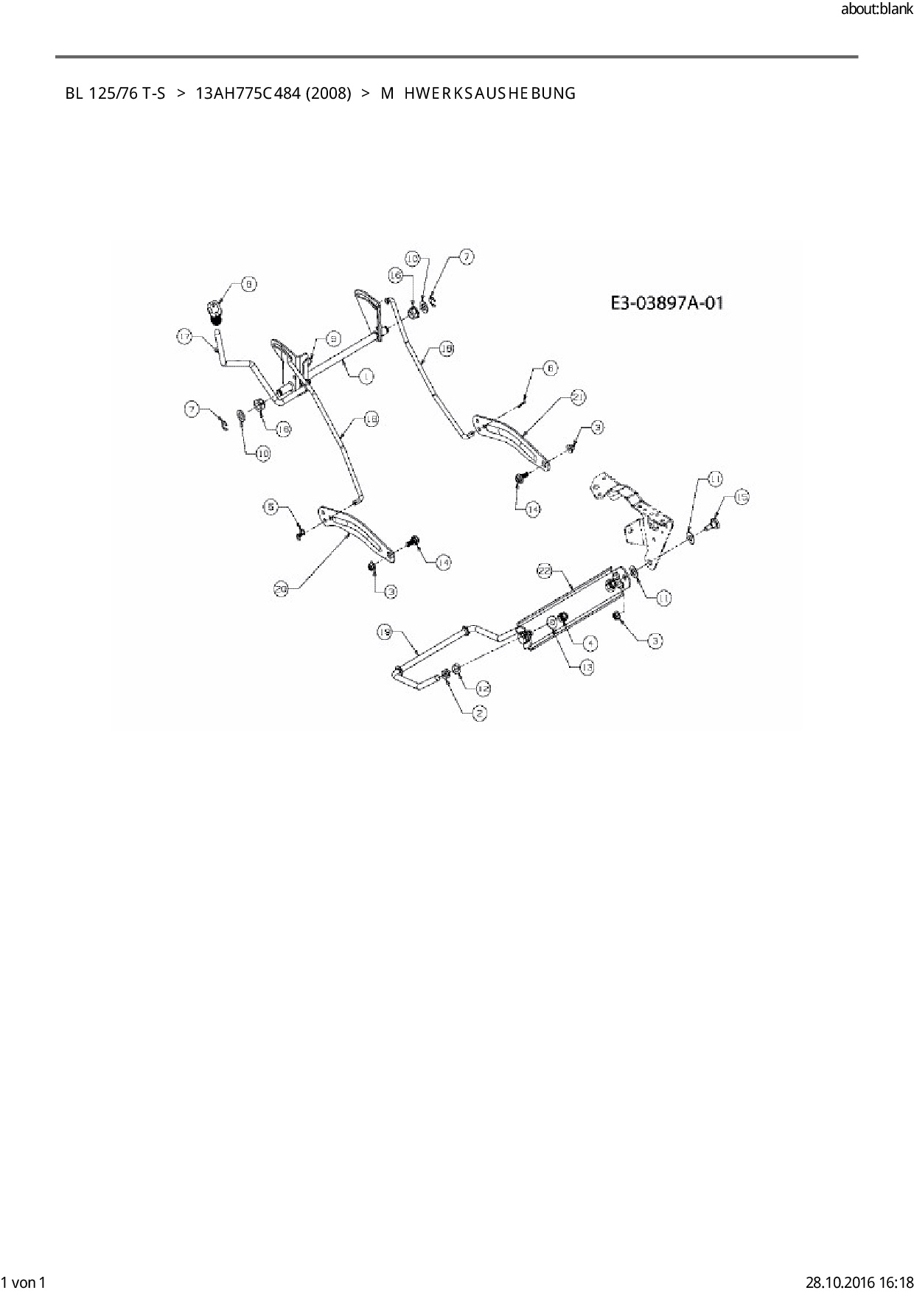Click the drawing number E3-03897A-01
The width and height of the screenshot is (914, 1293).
point(667,302)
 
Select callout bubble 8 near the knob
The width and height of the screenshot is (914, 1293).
point(249,285)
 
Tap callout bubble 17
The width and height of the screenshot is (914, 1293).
point(184,337)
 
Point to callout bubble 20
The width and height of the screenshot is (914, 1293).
point(281,588)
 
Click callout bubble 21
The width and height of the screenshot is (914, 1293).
point(579,397)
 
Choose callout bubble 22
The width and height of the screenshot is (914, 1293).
point(544,571)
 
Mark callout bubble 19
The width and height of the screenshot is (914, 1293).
point(385,632)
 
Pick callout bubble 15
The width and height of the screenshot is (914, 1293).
point(742,498)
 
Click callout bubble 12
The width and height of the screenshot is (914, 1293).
point(483,688)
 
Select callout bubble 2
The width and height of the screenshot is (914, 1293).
point(479,713)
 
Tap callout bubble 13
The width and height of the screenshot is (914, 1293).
point(587,666)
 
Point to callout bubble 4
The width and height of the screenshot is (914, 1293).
point(592,643)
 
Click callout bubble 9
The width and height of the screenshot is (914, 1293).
point(333,339)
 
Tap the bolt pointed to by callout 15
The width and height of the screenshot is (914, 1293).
point(714,524)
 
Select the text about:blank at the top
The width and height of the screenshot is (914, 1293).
point(876,10)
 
